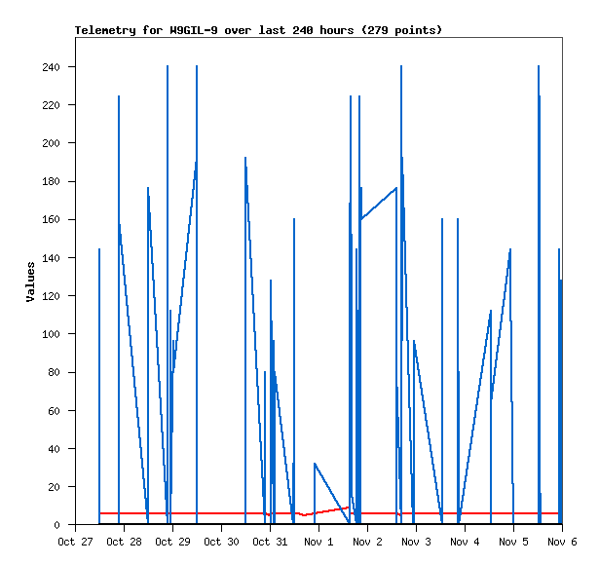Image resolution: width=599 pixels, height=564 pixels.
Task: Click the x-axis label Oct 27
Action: point(75,542)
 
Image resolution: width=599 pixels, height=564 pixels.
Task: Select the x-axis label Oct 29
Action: point(172,542)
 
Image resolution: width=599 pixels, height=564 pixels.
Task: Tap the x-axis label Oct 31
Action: point(270,542)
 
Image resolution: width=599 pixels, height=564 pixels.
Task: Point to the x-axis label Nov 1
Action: point(318,542)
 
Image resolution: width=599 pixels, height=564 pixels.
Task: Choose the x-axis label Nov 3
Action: point(416,542)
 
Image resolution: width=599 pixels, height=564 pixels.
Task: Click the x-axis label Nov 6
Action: point(562,542)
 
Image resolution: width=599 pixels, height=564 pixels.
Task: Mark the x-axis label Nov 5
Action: point(513,542)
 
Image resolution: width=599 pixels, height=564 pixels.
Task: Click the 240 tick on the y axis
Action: point(51,67)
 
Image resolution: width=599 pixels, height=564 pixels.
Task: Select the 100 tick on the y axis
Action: point(51,334)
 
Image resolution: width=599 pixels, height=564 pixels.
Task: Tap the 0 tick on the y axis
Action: point(56,525)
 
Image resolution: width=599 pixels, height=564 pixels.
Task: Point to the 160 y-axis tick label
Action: point(51,220)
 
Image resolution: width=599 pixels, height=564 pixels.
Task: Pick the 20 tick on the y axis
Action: point(54,487)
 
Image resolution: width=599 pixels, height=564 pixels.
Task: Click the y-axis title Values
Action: point(30,282)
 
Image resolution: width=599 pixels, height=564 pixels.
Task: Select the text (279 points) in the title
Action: point(401,30)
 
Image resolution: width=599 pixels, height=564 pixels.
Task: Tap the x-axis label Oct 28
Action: point(124,542)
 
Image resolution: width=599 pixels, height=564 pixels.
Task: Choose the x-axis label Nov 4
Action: point(465,542)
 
